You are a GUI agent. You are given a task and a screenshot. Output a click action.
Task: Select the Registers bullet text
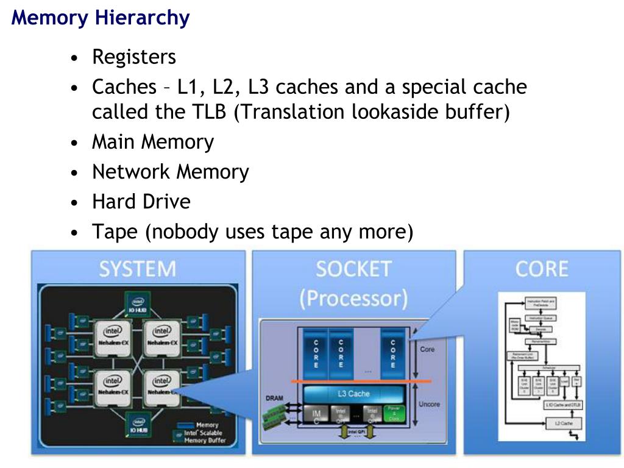(x=133, y=57)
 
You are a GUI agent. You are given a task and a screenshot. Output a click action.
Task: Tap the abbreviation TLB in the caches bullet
(x=203, y=112)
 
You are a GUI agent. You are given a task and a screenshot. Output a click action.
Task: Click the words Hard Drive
(x=141, y=202)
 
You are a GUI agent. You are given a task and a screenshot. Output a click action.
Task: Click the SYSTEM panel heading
(x=138, y=269)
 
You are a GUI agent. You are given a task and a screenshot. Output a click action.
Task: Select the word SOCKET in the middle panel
(x=353, y=269)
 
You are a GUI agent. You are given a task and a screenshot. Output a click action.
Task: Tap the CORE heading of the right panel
(x=541, y=269)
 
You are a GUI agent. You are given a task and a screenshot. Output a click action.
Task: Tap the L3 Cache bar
(x=353, y=394)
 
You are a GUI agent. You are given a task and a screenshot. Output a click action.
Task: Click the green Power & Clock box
(x=392, y=414)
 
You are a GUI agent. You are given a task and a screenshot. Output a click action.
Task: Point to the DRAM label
(x=274, y=399)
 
